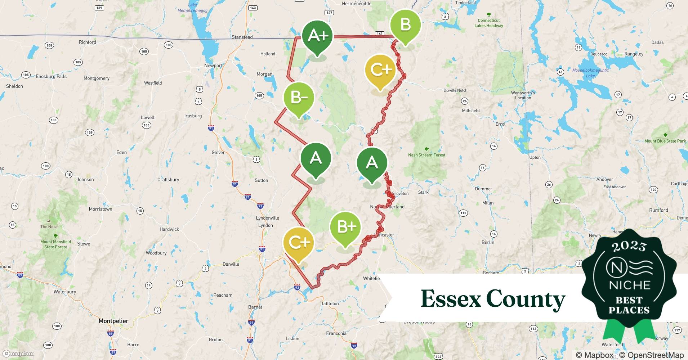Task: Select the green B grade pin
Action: point(405,25)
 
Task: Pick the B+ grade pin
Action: point(345,226)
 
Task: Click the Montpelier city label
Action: point(113,321)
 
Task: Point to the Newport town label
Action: point(213,66)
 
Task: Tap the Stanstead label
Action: point(242,37)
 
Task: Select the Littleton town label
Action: point(330,303)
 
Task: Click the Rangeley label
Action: point(634,54)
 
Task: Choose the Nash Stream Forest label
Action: point(426,155)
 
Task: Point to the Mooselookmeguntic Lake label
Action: point(590,73)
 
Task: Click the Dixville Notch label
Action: point(455,90)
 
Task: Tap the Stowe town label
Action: point(84,244)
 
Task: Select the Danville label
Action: point(231,264)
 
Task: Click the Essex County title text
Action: point(493,299)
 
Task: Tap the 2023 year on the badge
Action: point(629,246)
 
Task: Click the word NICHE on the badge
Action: point(629,285)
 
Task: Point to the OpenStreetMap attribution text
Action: point(651,355)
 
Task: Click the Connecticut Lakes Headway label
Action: point(488,23)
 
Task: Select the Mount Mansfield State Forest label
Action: point(55,244)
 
